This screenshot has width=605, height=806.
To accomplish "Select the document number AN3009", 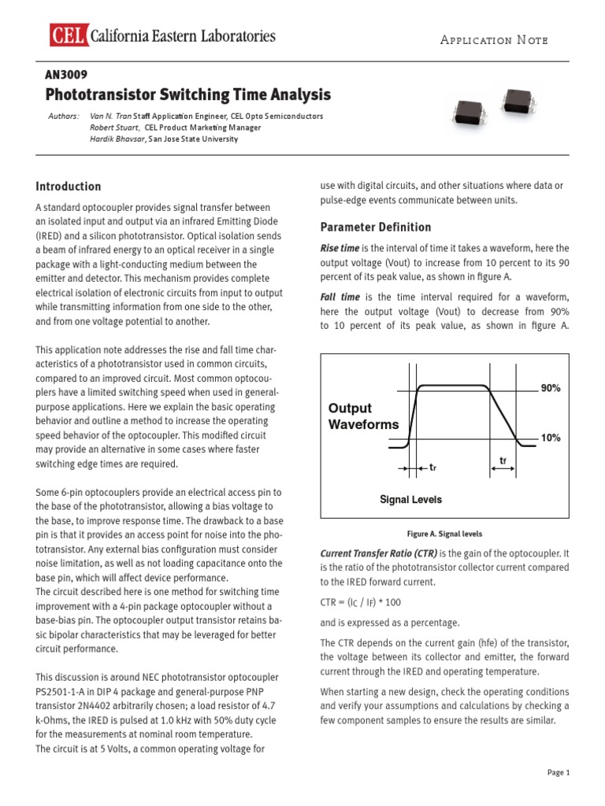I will [66, 75].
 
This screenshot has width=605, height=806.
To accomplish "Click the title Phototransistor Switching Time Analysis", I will [188, 95].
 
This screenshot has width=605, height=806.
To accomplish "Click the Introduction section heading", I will [69, 187].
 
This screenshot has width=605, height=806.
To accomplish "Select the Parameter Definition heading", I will [375, 227].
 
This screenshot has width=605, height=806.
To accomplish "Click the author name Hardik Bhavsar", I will [117, 139].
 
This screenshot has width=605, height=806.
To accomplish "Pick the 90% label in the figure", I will [550, 389].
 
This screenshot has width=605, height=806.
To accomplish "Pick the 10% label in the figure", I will [550, 438].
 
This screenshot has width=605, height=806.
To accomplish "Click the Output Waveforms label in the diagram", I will [363, 416].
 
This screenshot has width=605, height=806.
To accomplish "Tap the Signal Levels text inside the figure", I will [410, 500].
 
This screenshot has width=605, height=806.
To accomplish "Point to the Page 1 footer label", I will [558, 773].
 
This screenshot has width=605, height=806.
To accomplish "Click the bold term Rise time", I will [339, 249].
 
